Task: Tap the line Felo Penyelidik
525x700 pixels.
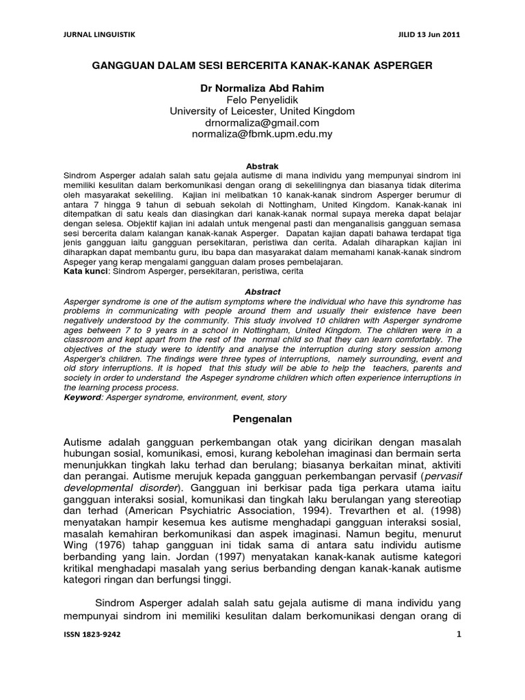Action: (x=262, y=100)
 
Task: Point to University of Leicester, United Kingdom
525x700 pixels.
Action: (x=262, y=111)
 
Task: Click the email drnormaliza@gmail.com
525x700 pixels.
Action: (x=262, y=123)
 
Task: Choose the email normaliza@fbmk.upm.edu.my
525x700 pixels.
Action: (x=262, y=135)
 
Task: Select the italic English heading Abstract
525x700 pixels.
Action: (x=262, y=292)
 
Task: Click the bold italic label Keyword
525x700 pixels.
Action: (x=81, y=397)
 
